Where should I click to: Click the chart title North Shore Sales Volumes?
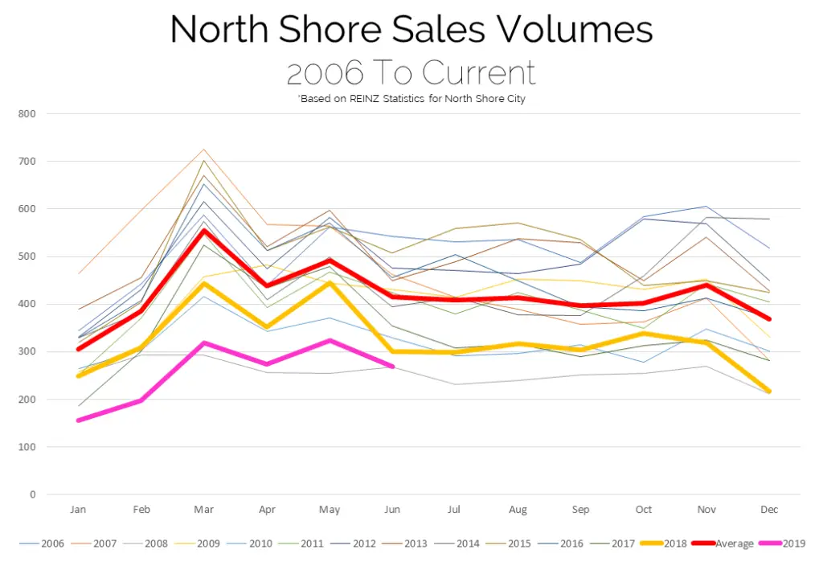(x=411, y=30)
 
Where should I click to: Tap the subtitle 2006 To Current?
(x=411, y=73)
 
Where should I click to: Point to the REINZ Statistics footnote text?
(x=411, y=99)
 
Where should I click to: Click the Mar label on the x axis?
(x=204, y=510)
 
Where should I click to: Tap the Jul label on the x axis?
(x=455, y=510)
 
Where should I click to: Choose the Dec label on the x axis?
(x=769, y=510)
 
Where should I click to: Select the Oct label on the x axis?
(x=643, y=510)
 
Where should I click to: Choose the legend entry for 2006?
(x=47, y=544)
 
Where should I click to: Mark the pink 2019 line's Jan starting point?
(x=79, y=420)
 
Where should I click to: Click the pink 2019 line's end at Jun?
(x=392, y=367)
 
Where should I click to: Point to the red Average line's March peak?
(x=204, y=231)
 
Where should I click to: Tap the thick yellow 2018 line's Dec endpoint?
(x=769, y=392)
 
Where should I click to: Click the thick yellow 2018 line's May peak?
(x=330, y=283)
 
